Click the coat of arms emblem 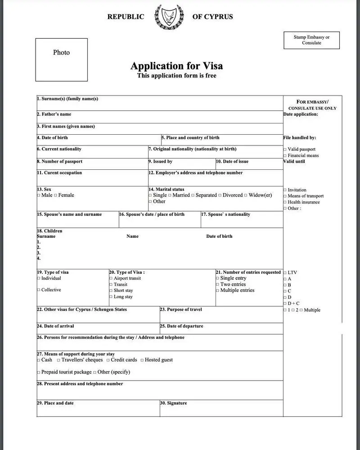tap(168, 17)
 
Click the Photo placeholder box tap(62, 59)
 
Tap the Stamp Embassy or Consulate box tap(311, 40)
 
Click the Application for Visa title tap(176, 66)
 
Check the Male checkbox tap(38, 195)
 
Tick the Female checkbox tap(55, 195)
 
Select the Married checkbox tap(170, 195)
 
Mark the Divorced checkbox tap(220, 195)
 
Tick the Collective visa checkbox tap(38, 290)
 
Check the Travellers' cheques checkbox tap(58, 360)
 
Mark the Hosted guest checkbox tap(142, 360)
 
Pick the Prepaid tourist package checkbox tap(38, 373)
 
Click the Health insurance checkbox tap(285, 202)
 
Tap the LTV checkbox tap(285, 273)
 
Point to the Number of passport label tap(60, 161)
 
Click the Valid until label tap(294, 161)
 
